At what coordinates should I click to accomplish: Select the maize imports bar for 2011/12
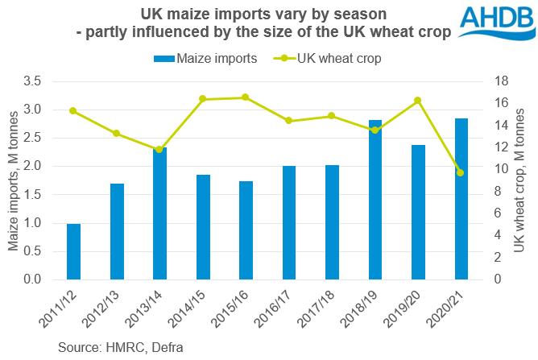[73, 251]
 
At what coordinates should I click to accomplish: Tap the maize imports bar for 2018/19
[375, 200]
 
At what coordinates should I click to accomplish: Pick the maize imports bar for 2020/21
[461, 199]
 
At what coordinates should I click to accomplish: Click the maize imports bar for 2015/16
[246, 230]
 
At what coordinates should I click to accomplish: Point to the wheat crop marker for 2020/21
[461, 172]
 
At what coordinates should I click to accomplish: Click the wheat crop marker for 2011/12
[73, 110]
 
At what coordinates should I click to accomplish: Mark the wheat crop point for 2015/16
[246, 97]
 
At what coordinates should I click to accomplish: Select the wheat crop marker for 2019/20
[418, 101]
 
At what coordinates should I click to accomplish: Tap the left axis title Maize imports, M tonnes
[14, 181]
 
